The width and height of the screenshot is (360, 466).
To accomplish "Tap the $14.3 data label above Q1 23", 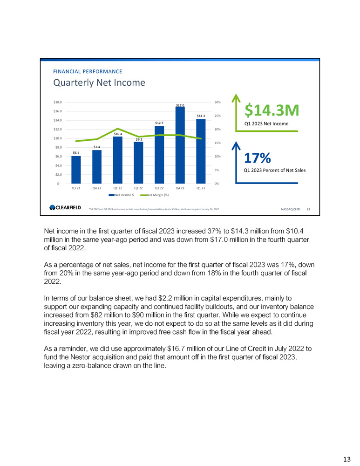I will (201, 116).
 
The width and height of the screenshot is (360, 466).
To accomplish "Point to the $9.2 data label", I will (139, 139).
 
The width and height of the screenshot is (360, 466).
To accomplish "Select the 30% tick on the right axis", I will (217, 102).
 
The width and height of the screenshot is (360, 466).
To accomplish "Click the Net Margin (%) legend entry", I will (156, 194).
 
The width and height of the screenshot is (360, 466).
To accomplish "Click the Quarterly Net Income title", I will (99, 83).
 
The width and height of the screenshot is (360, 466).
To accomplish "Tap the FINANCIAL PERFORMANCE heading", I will (88, 71).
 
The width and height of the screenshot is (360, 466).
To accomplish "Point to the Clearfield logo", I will (66, 208).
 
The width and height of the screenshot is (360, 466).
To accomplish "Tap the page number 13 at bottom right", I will (347, 459).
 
